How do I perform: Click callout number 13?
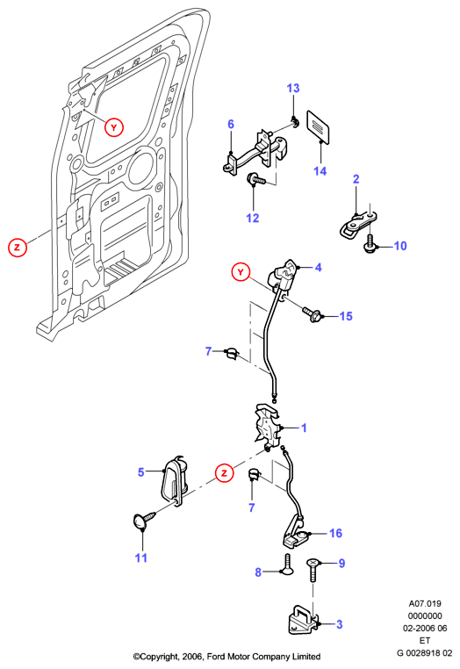click(x=293, y=89)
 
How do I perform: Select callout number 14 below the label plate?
click(x=320, y=171)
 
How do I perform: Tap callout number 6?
click(x=231, y=124)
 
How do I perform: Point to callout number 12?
click(x=253, y=218)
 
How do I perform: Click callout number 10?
click(x=400, y=246)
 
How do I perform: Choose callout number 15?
click(x=346, y=316)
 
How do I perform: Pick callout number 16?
click(x=336, y=533)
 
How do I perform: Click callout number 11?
click(x=140, y=557)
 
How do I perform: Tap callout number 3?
click(x=339, y=624)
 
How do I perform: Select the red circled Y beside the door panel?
click(x=114, y=127)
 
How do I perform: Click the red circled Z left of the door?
click(x=18, y=247)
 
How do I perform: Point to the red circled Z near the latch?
click(x=225, y=472)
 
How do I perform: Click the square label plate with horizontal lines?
click(x=319, y=126)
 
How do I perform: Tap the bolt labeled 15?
click(x=312, y=315)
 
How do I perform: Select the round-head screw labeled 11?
click(x=142, y=520)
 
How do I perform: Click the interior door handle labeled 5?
click(x=175, y=481)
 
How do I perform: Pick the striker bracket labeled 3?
click(x=304, y=621)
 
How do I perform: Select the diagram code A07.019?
click(x=425, y=604)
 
